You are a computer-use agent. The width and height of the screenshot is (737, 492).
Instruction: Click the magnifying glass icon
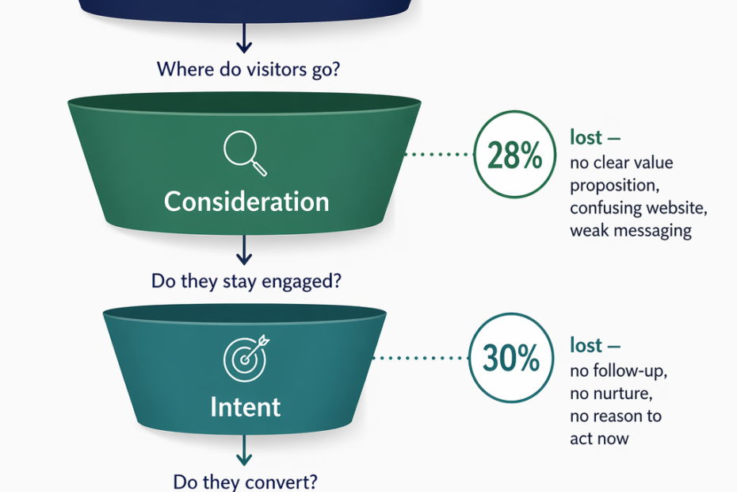(x=245, y=153)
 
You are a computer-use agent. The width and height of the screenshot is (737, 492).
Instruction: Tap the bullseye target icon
(x=246, y=358)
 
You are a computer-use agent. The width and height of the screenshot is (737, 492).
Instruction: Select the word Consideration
(x=246, y=202)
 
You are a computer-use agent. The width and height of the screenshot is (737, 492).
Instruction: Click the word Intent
(x=246, y=407)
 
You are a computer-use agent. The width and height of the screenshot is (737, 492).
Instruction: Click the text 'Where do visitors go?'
(x=248, y=69)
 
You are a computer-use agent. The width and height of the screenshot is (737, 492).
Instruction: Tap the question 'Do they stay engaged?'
(x=246, y=281)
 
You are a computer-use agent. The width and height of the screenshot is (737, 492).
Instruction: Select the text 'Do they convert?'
(x=246, y=482)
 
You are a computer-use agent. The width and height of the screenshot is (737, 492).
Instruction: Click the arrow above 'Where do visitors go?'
(x=244, y=37)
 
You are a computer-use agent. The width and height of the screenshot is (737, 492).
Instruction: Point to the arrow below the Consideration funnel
(x=244, y=250)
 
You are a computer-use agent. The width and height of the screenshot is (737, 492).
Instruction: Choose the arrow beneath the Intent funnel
(x=244, y=451)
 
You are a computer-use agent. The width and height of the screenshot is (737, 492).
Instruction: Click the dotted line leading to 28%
(x=439, y=154)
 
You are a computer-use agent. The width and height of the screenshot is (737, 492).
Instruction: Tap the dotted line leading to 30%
(x=421, y=358)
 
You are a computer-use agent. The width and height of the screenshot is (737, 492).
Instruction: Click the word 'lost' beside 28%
(x=586, y=137)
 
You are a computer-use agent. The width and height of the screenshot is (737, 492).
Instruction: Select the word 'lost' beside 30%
(x=586, y=345)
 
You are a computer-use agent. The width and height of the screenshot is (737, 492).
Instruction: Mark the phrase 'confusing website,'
(x=639, y=208)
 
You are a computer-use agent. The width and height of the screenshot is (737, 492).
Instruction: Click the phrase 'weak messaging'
(x=631, y=231)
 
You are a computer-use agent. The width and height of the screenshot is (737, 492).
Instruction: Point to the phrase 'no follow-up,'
(x=619, y=371)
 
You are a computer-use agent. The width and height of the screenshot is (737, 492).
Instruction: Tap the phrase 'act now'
(x=599, y=439)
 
